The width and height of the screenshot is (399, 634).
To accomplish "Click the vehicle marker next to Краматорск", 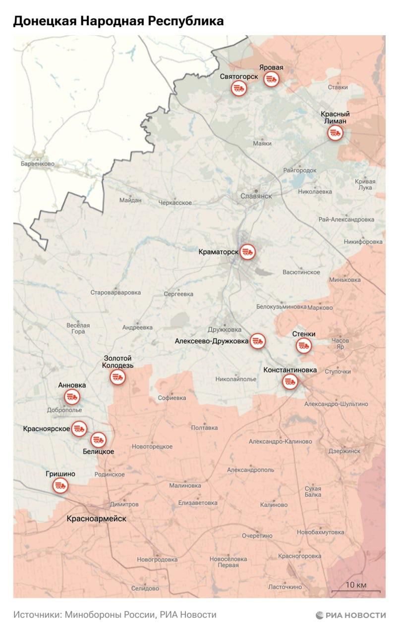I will (x=247, y=252).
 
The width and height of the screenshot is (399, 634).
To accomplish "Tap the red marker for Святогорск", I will (x=239, y=89).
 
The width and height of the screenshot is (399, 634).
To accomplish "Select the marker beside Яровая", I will (x=271, y=79).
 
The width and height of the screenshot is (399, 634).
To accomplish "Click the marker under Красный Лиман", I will (x=335, y=133).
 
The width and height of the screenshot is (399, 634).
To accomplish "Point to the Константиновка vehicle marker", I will (x=290, y=381).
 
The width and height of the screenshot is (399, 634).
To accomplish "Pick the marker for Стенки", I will (x=304, y=346).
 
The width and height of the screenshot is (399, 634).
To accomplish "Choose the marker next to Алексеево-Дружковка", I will (x=258, y=341).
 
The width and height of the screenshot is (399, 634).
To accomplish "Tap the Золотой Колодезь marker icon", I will (x=117, y=377).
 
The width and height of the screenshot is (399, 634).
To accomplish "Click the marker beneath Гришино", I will (x=61, y=485).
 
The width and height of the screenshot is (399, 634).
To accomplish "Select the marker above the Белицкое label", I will (x=98, y=439).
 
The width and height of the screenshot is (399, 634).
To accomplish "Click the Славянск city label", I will (x=256, y=196).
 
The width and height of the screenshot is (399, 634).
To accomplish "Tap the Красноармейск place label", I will (x=97, y=519).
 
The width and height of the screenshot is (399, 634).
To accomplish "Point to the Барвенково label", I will (x=38, y=163).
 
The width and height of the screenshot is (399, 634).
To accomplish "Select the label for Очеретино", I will (x=257, y=535).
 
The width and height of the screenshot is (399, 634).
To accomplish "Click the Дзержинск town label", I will (x=344, y=451).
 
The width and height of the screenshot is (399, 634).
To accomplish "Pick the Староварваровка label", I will (x=115, y=292).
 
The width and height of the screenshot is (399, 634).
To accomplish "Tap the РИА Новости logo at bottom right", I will (x=350, y=615).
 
